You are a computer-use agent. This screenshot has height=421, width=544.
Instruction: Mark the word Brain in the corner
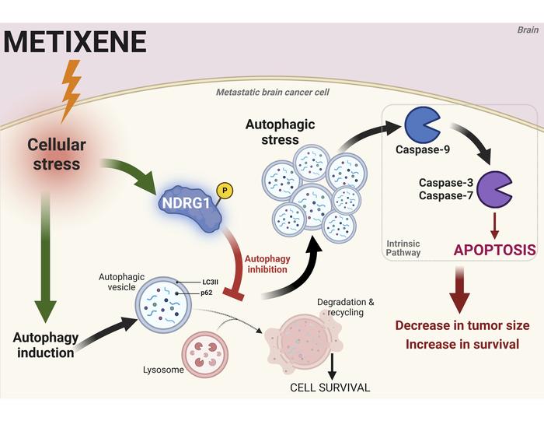tap(528, 30)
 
